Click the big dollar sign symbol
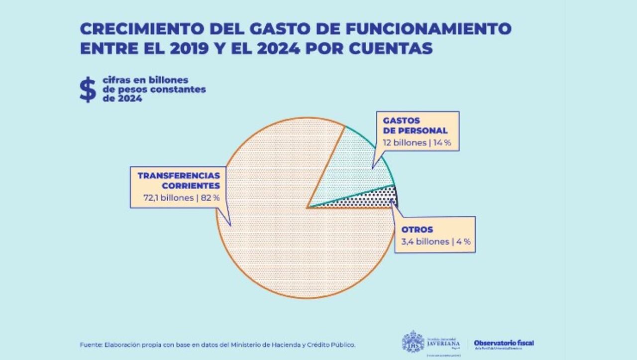88,90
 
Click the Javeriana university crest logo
413,342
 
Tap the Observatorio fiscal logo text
504,343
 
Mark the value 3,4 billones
425,242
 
